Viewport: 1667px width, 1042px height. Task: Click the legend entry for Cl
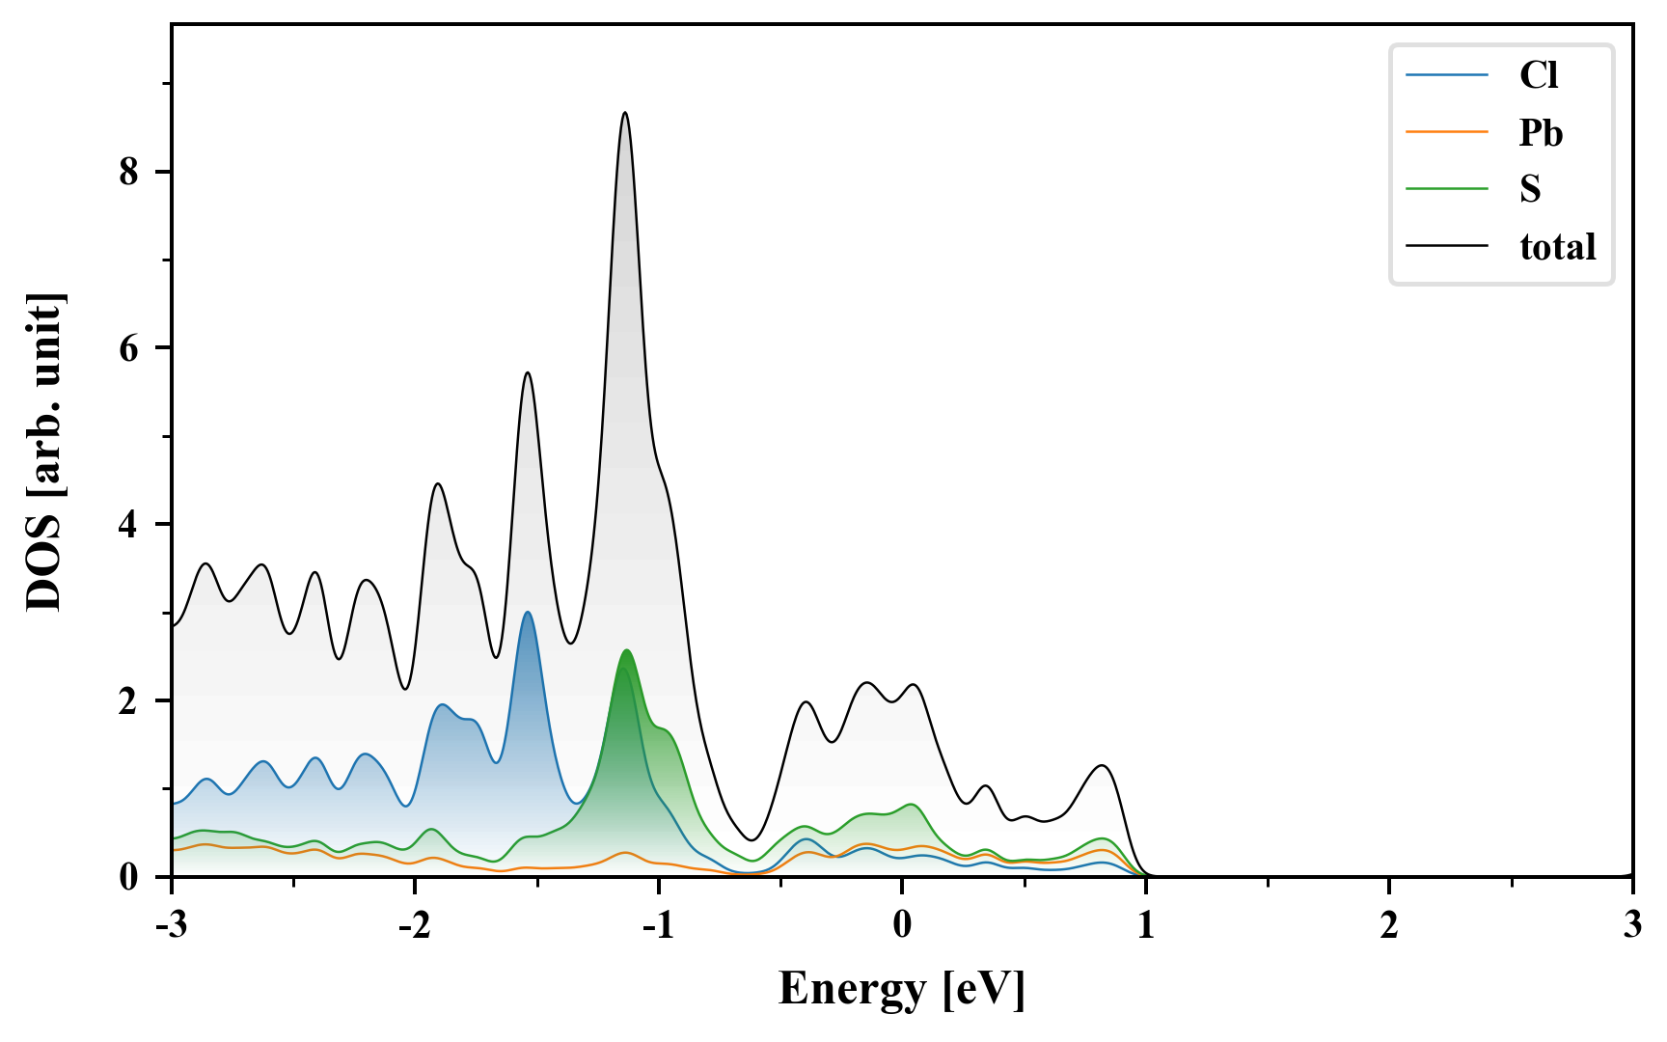tap(1538, 75)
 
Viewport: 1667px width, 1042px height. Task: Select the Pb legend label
tap(1540, 132)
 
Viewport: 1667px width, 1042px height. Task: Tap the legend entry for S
tap(1530, 189)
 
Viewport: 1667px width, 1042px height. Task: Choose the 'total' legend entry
tap(1557, 247)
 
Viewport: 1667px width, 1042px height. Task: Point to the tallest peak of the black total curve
tap(625, 113)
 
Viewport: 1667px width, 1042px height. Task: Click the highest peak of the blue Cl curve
tap(527, 612)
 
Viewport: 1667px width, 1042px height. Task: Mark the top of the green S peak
tap(626, 650)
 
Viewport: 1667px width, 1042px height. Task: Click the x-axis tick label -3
tap(171, 925)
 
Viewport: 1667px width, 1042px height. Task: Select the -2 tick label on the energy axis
tap(414, 925)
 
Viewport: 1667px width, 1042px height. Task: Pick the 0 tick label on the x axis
tap(902, 925)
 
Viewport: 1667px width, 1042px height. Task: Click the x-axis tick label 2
tap(1389, 925)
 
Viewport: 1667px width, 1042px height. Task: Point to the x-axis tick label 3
tap(1632, 925)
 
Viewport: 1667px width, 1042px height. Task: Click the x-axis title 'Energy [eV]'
tap(902, 989)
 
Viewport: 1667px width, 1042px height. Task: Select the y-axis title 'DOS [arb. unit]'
tap(44, 452)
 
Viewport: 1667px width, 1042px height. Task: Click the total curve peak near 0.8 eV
tap(1101, 765)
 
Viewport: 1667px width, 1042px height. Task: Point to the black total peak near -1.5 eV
tap(527, 372)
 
